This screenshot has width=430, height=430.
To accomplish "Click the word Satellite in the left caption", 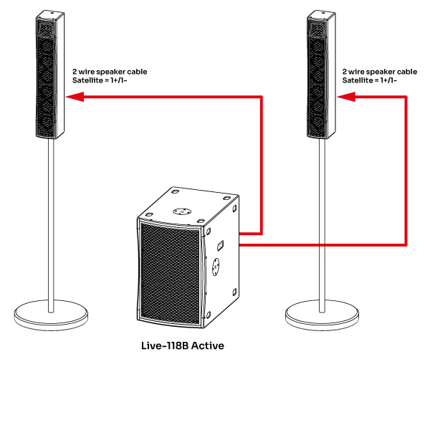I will (x=88, y=80).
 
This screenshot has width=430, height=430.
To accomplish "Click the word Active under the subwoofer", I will (x=207, y=346).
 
